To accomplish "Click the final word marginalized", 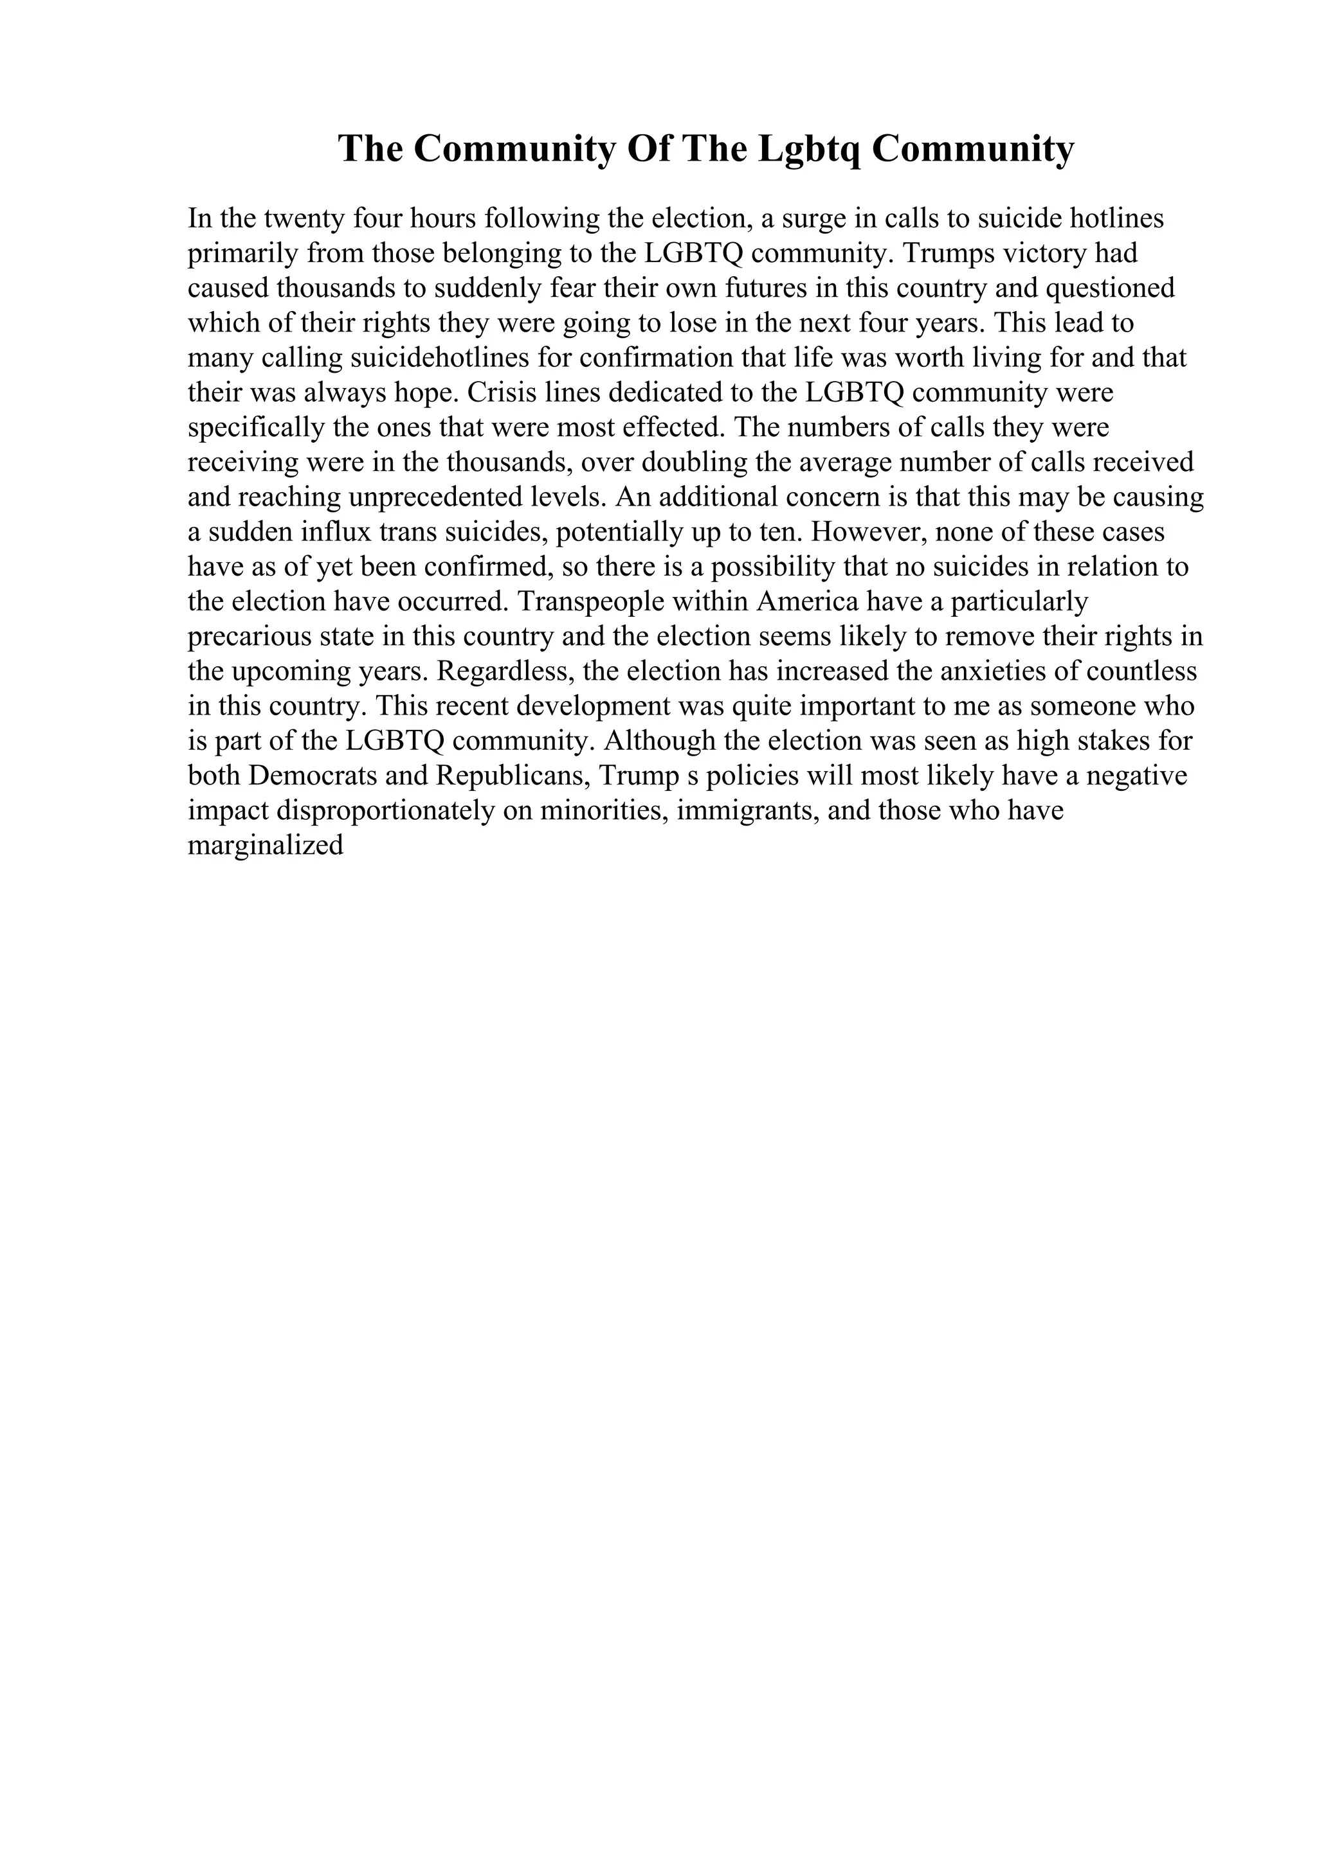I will [x=266, y=846].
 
